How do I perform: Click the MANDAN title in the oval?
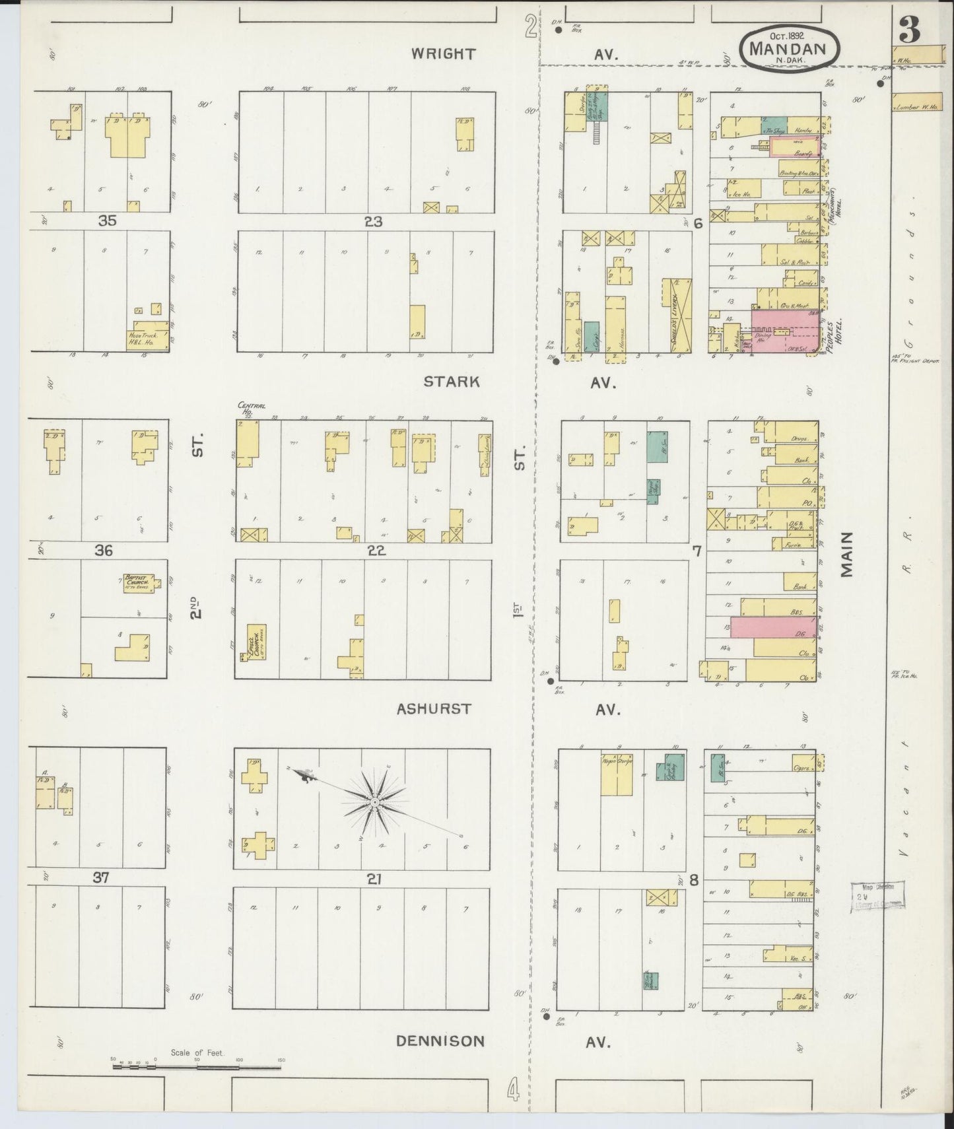(790, 49)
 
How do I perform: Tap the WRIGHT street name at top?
(442, 54)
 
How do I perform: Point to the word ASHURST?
(434, 709)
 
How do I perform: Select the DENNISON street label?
(440, 1041)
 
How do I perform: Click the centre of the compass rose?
(374, 801)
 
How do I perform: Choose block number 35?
(107, 221)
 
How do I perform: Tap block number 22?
(376, 550)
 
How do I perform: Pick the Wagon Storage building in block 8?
(617, 774)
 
